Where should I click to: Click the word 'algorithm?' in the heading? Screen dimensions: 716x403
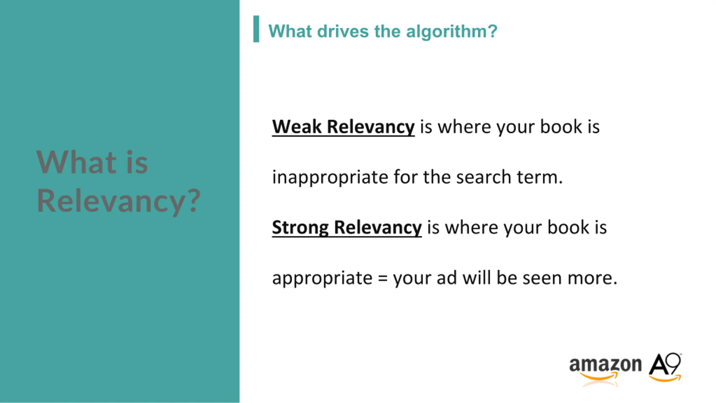click(x=451, y=32)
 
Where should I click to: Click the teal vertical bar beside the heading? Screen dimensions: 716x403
click(x=256, y=29)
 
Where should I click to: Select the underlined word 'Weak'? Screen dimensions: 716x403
click(x=296, y=127)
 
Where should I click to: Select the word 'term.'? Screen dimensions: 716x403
click(x=540, y=178)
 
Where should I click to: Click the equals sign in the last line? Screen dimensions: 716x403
click(x=383, y=279)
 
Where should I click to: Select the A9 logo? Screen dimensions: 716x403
click(x=665, y=367)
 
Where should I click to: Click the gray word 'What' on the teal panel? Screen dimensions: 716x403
click(x=76, y=162)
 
